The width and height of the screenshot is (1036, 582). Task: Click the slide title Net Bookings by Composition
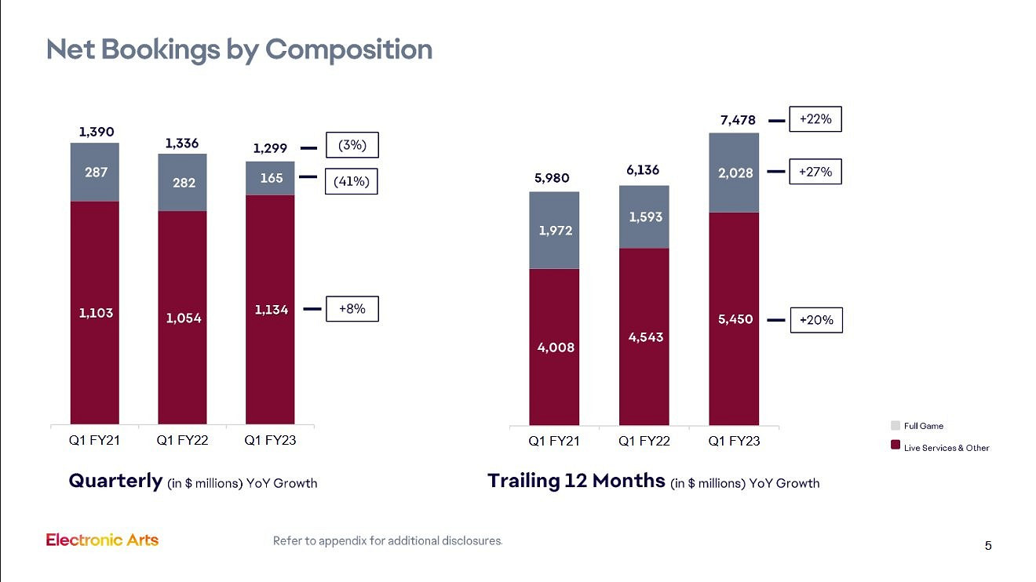[x=239, y=49]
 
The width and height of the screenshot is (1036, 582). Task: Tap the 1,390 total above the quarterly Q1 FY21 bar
[x=95, y=133]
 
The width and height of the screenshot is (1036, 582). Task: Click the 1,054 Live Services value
[x=182, y=318]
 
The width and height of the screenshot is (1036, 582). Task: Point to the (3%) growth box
[x=352, y=146]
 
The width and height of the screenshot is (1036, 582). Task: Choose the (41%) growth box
[x=352, y=182]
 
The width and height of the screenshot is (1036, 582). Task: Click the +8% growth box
[x=352, y=309]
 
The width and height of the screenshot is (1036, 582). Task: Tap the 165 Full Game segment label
[x=270, y=178]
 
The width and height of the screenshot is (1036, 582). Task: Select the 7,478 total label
[x=738, y=120]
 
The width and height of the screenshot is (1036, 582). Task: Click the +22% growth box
[x=815, y=119]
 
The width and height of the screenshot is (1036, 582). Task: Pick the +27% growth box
[x=815, y=171]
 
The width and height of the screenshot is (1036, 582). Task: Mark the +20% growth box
[x=815, y=320]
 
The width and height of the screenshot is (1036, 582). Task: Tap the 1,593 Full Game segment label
[x=644, y=216]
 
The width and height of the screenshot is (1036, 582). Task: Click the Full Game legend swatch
[x=896, y=426]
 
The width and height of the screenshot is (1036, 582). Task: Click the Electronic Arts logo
[x=102, y=540]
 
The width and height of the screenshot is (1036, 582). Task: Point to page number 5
[x=988, y=546]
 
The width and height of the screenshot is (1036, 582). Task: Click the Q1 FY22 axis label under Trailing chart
[x=644, y=442]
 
